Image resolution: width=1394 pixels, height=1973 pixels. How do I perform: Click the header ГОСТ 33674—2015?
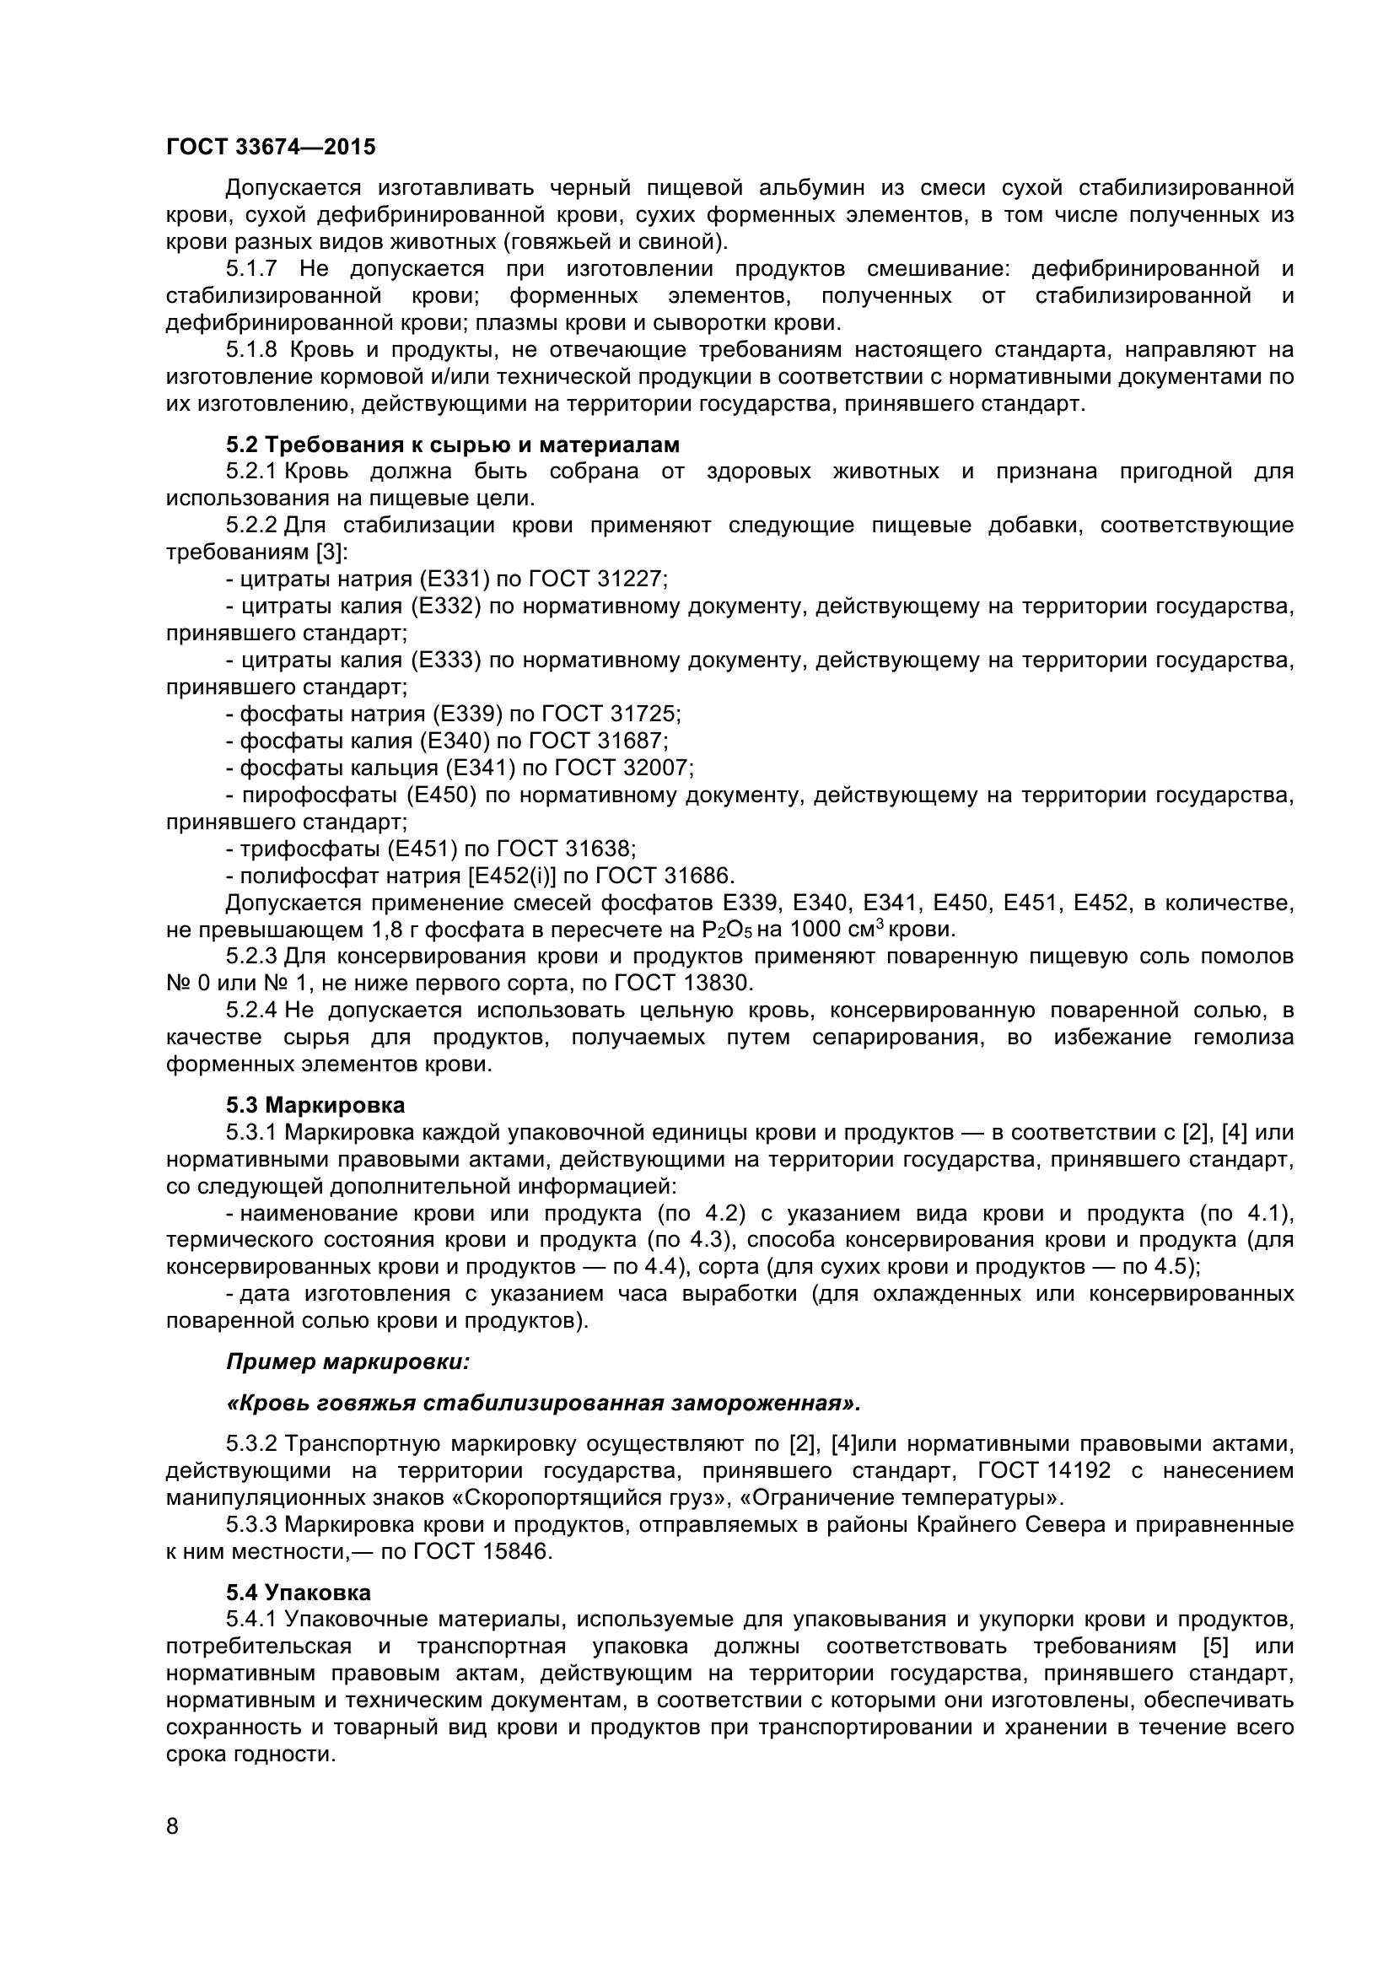[x=271, y=147]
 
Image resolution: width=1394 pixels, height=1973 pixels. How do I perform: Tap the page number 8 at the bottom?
[x=173, y=1849]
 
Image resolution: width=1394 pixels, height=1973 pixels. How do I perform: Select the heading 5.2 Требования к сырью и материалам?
[x=453, y=445]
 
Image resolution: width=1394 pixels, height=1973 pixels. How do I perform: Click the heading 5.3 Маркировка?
[x=315, y=1104]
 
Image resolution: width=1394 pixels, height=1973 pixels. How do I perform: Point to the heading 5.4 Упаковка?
[x=298, y=1593]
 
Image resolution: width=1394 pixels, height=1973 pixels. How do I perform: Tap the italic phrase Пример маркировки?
[x=347, y=1362]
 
